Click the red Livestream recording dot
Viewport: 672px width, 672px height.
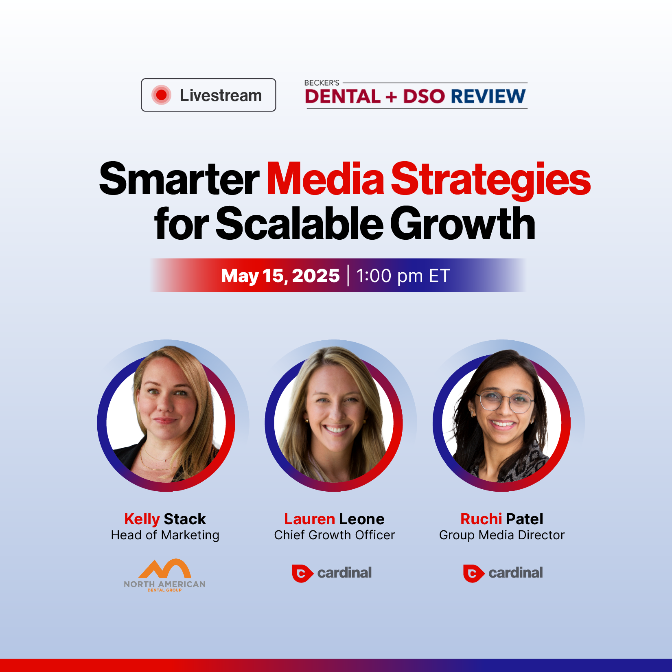coord(161,95)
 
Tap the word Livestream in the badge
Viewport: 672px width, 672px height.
coord(221,96)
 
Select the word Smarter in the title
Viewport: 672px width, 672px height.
coord(179,179)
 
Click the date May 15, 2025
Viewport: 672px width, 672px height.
coord(280,276)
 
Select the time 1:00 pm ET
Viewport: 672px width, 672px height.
coord(403,276)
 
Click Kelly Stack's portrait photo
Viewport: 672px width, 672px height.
coord(166,415)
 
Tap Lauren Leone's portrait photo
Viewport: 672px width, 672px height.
coord(334,415)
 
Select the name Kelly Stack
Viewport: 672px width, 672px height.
coord(165,519)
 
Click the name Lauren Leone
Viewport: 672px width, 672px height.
coord(334,519)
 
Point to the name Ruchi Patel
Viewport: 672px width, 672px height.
coord(502,519)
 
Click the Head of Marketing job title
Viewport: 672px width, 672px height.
coord(165,535)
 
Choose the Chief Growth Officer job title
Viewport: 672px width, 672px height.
coord(335,535)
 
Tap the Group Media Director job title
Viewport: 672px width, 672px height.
coord(502,535)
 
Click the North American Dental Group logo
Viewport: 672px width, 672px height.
coord(165,575)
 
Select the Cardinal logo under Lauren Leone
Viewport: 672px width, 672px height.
coord(332,573)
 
